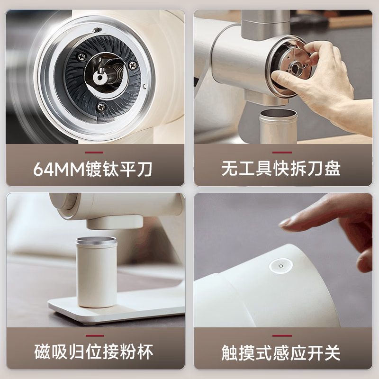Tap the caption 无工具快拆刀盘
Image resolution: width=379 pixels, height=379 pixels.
(281, 169)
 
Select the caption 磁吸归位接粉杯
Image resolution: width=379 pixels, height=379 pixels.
(94, 352)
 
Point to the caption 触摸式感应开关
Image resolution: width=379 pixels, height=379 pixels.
(281, 352)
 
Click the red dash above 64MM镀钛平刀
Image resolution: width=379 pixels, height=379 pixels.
(94, 153)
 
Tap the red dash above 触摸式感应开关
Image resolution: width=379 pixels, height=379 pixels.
(281, 336)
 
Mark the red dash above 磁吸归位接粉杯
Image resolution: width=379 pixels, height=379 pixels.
(94, 336)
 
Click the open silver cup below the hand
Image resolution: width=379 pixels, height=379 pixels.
(278, 126)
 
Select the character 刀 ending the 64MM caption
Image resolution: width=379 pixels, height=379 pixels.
(145, 169)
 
